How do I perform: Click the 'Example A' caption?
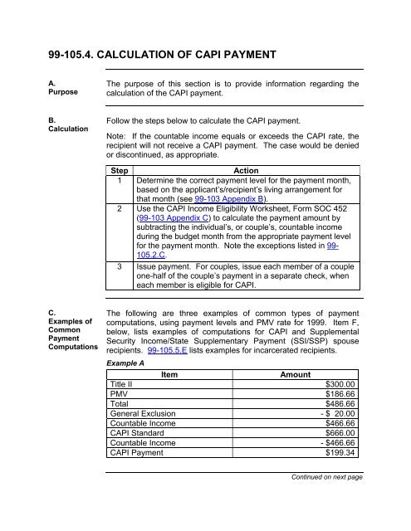coord(123,364)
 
